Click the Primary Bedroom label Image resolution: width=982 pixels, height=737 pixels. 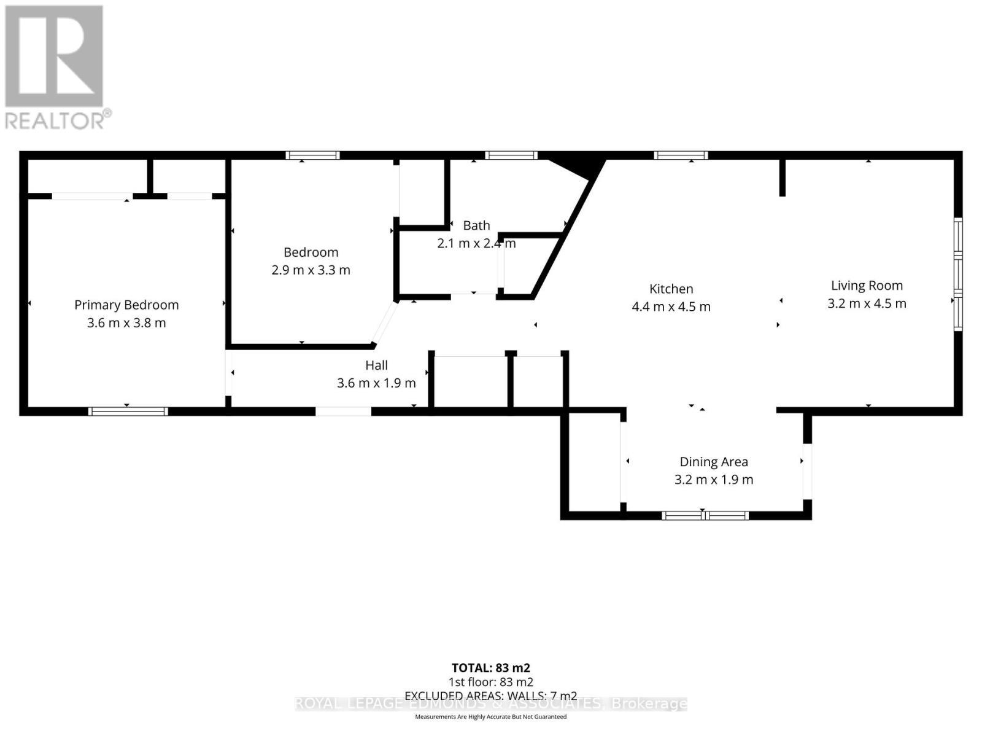point(126,305)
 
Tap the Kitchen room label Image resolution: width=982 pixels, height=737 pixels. point(671,289)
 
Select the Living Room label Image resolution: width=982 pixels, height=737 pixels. point(867,286)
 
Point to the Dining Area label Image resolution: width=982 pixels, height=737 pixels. point(713,462)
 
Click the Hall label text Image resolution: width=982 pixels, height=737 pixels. point(376,365)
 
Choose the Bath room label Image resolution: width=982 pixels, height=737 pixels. point(476,225)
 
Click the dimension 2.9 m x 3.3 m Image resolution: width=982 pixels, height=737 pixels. point(311,270)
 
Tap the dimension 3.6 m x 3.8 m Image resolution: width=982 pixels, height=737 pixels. point(126,323)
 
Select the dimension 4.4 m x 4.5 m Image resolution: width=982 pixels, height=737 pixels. point(671,306)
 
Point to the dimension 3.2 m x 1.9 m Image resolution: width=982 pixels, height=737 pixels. point(713,480)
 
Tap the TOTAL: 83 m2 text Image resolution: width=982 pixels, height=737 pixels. point(490,668)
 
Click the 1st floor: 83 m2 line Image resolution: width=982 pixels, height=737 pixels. point(490,682)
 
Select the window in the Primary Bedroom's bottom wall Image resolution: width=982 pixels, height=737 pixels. point(128,411)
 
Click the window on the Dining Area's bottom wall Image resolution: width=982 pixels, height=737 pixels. point(705,515)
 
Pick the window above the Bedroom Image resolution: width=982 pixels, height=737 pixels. point(312,155)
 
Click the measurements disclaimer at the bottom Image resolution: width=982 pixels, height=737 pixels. point(490,717)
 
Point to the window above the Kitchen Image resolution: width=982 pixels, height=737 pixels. point(681,155)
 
